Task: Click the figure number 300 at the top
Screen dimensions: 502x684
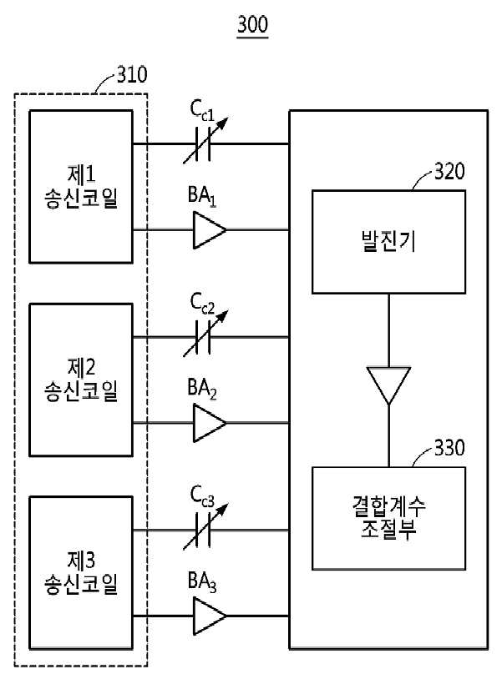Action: click(x=252, y=24)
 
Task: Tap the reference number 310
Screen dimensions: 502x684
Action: click(x=132, y=74)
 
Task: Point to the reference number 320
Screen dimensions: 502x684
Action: click(x=449, y=172)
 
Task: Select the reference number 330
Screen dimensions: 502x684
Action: click(x=449, y=448)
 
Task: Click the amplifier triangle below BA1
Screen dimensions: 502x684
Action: click(x=210, y=230)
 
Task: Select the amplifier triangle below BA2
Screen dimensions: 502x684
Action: click(x=210, y=423)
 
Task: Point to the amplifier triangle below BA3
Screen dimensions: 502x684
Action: click(x=210, y=616)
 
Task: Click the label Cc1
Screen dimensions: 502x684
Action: click(x=202, y=111)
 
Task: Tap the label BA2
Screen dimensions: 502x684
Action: click(x=202, y=388)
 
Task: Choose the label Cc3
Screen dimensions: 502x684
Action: click(x=202, y=497)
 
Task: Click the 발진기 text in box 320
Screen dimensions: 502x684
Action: click(x=388, y=241)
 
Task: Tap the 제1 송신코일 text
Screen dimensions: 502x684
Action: click(x=81, y=186)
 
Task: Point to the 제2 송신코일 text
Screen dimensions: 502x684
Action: click(x=81, y=379)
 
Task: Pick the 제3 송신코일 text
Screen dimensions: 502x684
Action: click(x=81, y=572)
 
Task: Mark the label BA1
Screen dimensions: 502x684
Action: click(x=202, y=195)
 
